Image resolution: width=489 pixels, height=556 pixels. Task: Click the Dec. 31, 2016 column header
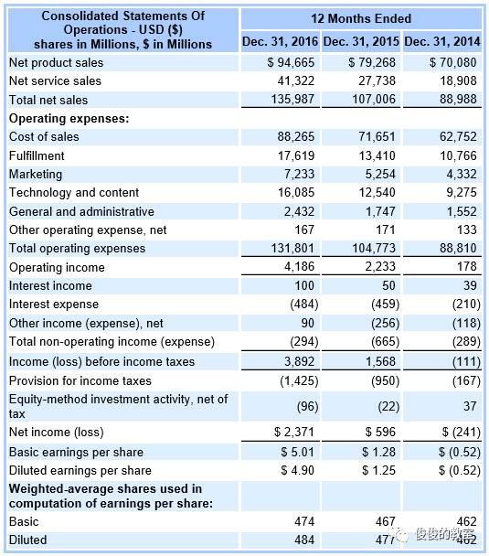click(280, 42)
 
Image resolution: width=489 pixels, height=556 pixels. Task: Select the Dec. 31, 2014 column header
click(442, 42)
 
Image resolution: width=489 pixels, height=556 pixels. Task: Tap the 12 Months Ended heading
click(361, 18)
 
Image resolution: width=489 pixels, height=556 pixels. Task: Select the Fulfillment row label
click(37, 155)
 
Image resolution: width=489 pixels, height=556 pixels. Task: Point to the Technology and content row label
click(74, 193)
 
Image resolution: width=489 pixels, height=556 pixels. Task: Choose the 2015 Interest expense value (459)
click(380, 305)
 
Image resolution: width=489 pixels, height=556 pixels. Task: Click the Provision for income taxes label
click(80, 380)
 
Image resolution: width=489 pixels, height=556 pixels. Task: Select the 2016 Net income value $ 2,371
click(294, 432)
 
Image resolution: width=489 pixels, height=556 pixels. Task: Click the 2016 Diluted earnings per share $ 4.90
click(296, 470)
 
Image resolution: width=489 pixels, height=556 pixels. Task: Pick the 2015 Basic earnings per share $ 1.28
click(377, 452)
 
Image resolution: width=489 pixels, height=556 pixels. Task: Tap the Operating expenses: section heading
click(69, 118)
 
